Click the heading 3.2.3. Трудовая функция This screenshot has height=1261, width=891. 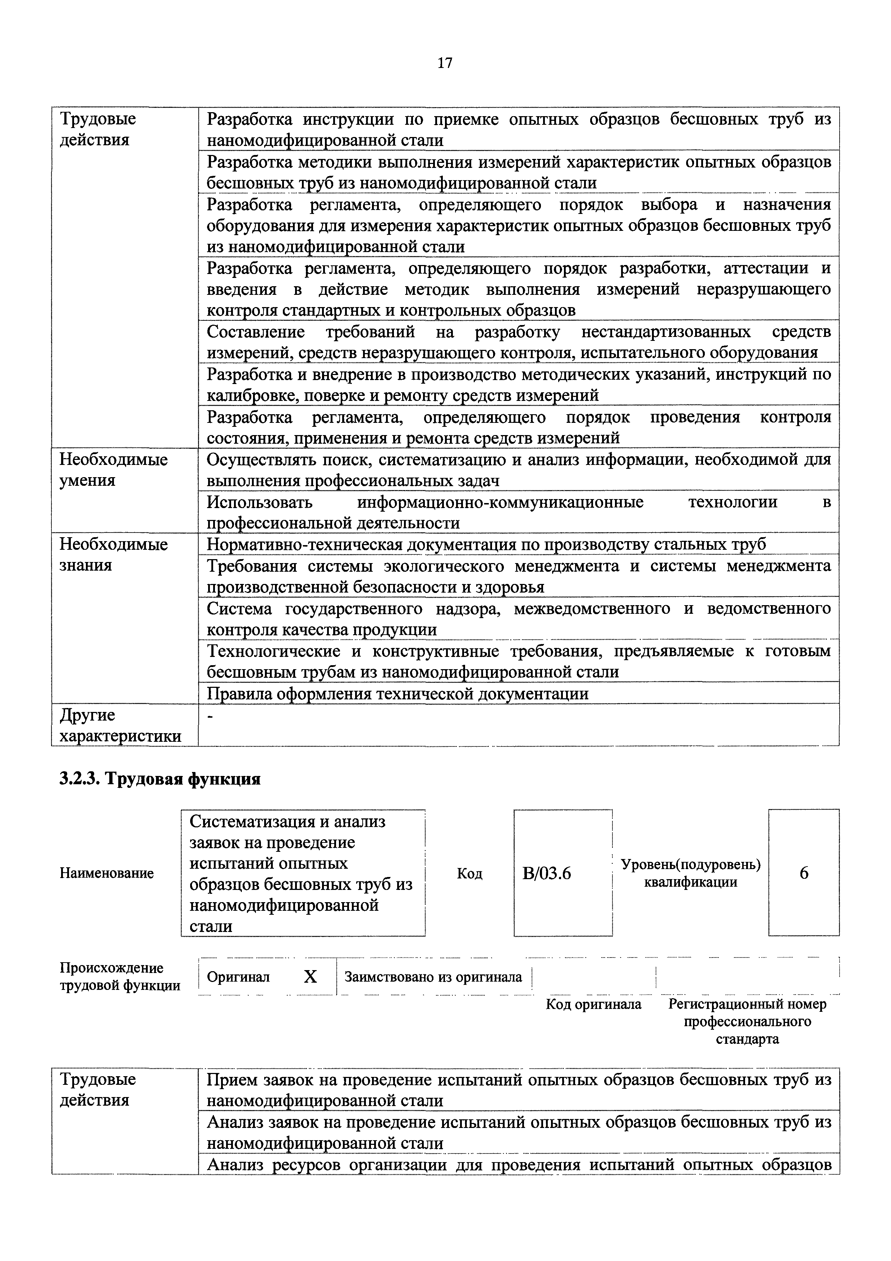[x=160, y=779]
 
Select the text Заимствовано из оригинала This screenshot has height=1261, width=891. [x=433, y=977]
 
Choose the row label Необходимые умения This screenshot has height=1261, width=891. [x=113, y=470]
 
